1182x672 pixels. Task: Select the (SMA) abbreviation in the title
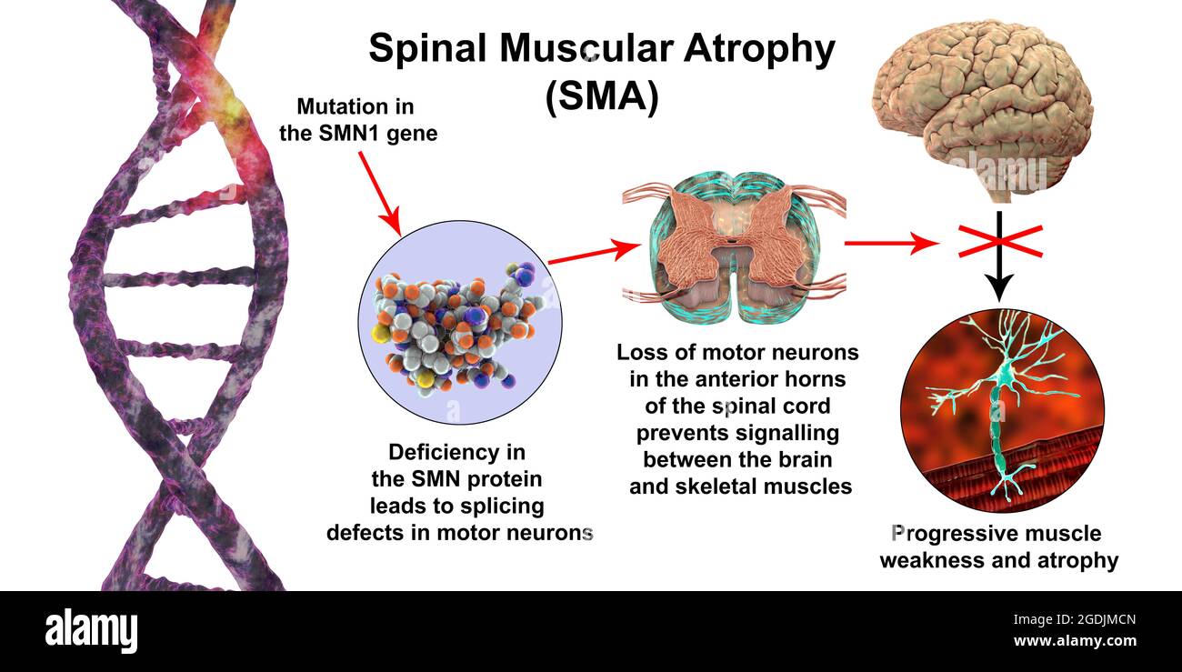[x=601, y=97]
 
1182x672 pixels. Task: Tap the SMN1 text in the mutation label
[x=346, y=134]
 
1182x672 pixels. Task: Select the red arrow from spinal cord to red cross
[x=892, y=243]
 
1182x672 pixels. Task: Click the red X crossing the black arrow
[x=998, y=240]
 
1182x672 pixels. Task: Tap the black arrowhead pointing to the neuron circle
[x=998, y=289]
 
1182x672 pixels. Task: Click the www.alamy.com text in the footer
[x=1074, y=641]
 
